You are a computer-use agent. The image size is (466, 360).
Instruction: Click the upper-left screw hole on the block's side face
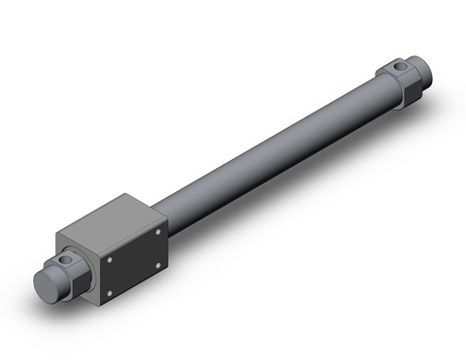point(110,258)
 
